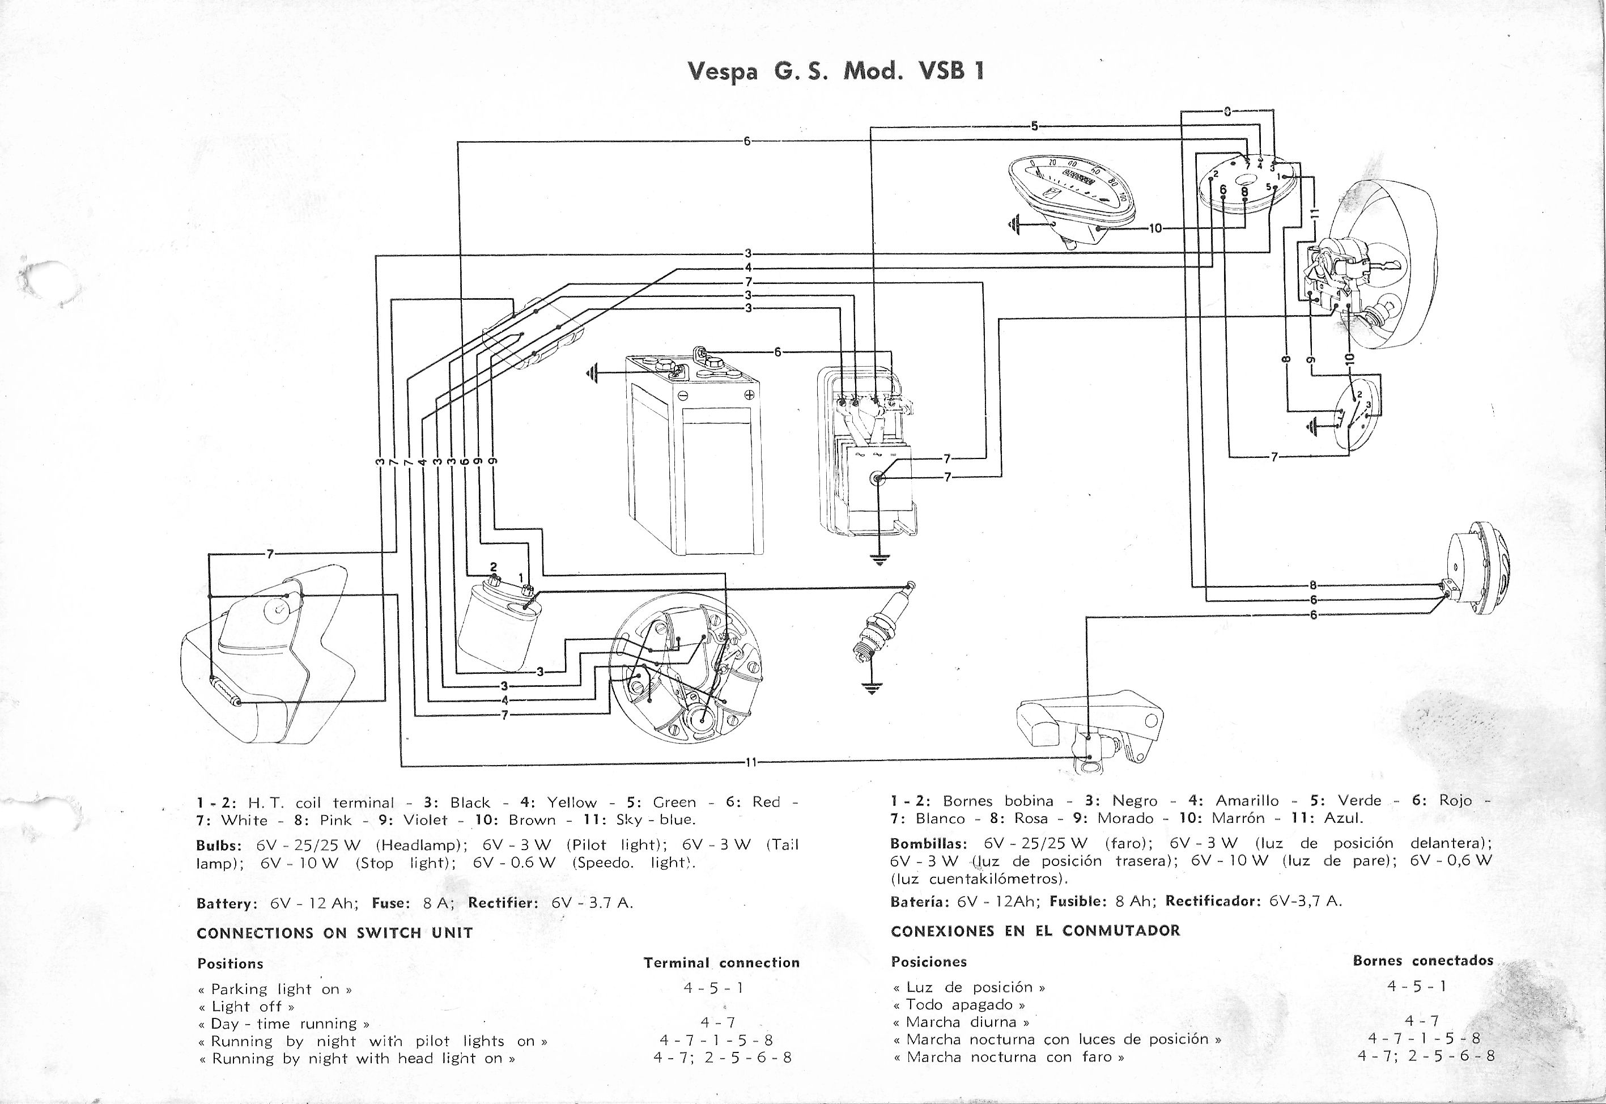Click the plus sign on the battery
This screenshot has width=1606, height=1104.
click(x=749, y=395)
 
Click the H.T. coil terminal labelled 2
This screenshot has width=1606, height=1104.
click(x=493, y=579)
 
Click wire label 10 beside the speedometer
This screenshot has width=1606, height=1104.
click(x=1155, y=228)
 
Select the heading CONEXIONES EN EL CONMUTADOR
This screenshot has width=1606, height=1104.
click(x=1035, y=931)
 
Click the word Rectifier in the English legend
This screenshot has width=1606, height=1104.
click(x=502, y=903)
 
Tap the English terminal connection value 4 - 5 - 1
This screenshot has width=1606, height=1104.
click(x=713, y=988)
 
